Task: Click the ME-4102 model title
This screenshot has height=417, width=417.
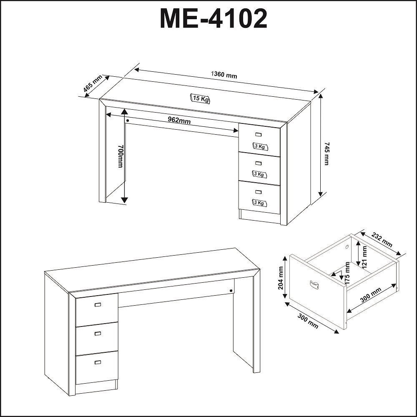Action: click(x=213, y=18)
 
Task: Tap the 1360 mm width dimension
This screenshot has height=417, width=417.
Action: click(x=224, y=75)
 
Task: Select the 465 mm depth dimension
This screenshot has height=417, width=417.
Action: click(x=93, y=83)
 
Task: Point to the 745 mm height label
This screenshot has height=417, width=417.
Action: click(x=327, y=153)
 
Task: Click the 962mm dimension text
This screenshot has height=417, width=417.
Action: click(x=179, y=120)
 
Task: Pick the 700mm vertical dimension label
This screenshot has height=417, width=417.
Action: click(x=121, y=156)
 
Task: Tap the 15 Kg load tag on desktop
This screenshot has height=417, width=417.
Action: click(x=200, y=98)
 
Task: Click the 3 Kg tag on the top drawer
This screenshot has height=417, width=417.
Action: click(x=260, y=146)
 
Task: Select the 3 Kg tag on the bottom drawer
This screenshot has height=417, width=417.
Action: click(x=259, y=203)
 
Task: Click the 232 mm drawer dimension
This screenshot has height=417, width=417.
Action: click(x=382, y=240)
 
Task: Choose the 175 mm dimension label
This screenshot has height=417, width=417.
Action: click(x=347, y=274)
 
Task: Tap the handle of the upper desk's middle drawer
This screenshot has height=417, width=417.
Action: click(x=258, y=163)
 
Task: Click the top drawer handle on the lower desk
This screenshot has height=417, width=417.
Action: click(x=98, y=305)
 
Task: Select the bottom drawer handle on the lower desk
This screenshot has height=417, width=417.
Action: click(x=98, y=362)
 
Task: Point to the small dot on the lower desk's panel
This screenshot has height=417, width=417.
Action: click(x=231, y=290)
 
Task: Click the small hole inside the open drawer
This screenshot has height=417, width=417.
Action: click(x=347, y=247)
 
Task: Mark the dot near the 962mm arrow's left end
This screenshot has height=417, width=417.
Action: click(x=127, y=121)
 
